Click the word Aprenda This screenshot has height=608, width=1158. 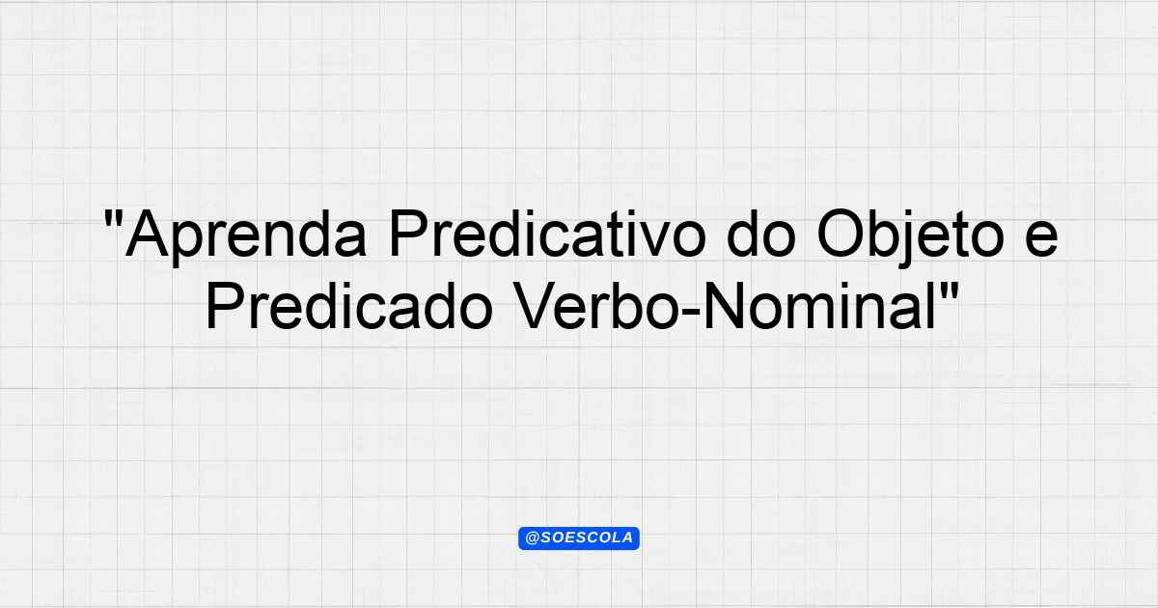click(246, 236)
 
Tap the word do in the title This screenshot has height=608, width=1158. click(761, 233)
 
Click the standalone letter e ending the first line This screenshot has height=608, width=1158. click(1041, 239)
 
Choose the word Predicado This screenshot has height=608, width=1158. click(349, 305)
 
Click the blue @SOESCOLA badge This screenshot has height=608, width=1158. click(579, 539)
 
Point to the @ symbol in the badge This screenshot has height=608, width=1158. click(532, 539)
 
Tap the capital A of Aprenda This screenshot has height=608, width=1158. click(147, 234)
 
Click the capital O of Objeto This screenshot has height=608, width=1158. click(841, 234)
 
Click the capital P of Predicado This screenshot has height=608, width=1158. click(226, 306)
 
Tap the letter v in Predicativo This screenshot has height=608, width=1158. click(652, 240)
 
